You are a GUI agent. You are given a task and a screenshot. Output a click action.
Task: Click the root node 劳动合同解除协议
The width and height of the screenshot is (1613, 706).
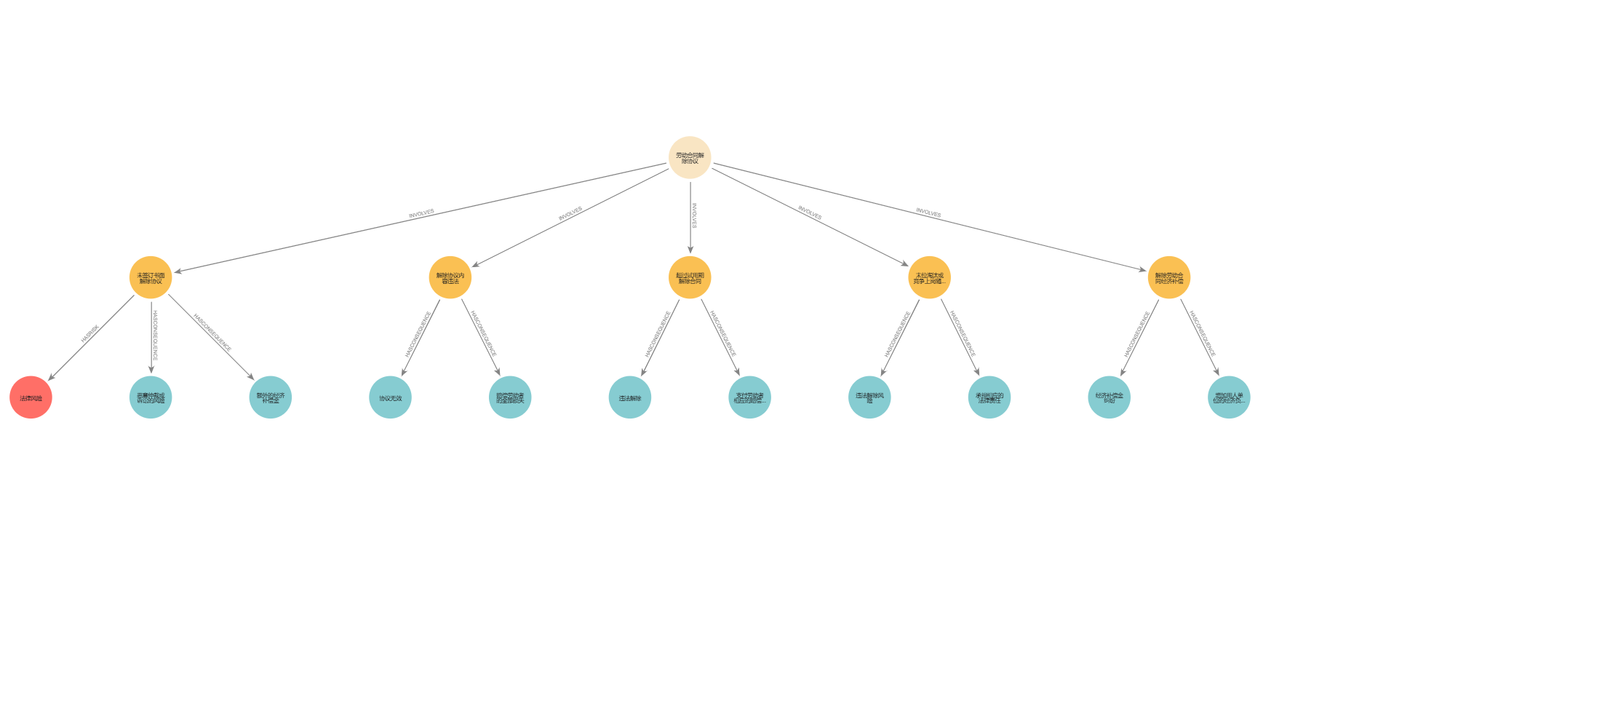coord(690,157)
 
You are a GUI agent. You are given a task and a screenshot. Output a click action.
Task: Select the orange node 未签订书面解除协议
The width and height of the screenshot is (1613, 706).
coord(151,277)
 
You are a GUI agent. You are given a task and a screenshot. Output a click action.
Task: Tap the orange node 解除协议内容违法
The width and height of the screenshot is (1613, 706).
coord(450,277)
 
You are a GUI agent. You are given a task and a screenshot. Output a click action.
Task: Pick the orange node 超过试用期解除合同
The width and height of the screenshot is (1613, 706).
coord(690,277)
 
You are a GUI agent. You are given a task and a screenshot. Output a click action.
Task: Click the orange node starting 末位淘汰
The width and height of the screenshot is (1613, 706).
coord(929,277)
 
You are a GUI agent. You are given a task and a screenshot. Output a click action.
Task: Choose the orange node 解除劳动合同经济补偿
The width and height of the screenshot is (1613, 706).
coord(1169,277)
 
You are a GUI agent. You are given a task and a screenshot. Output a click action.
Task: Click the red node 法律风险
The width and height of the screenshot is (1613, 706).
coord(31,397)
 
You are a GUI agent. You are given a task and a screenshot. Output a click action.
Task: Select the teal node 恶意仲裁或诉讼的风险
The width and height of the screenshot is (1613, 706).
coord(151,397)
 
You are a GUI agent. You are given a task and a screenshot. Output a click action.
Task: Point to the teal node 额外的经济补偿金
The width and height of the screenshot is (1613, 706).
coord(271,397)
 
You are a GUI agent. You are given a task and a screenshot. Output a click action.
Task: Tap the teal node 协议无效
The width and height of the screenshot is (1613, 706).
coord(390,397)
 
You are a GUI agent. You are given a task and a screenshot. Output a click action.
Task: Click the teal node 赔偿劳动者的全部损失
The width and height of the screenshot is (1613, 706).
coord(510,397)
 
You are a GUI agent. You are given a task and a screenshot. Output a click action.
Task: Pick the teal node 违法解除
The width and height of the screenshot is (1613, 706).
coord(630,397)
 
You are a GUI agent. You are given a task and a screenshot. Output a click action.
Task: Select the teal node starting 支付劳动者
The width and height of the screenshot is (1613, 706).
coord(749,397)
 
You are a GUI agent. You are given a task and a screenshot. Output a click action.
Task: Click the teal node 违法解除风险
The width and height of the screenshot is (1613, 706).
coord(869,397)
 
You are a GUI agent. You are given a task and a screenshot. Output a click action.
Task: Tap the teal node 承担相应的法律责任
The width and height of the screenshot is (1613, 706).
coord(989,397)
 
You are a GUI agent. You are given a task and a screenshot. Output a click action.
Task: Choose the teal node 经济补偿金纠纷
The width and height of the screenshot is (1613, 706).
coord(1109,397)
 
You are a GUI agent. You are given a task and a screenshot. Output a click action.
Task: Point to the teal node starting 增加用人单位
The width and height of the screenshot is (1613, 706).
coord(1229,397)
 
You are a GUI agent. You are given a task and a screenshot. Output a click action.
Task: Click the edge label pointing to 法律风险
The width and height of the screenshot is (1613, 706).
coord(89,334)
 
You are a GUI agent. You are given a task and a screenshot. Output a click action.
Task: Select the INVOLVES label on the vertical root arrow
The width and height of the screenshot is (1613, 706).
coord(693,216)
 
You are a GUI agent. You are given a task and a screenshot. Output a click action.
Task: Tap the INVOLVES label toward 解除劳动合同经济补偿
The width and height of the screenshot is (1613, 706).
coord(928,213)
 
